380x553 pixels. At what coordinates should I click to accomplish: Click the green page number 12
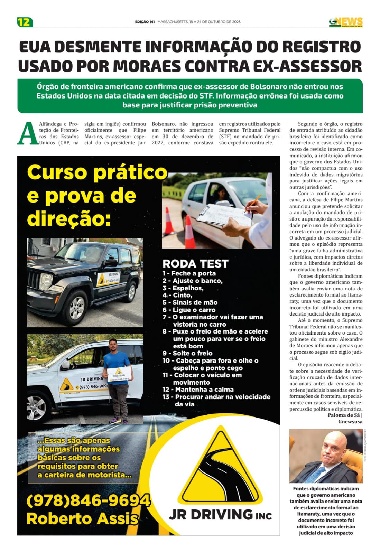25,22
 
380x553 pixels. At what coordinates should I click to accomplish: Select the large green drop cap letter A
27,133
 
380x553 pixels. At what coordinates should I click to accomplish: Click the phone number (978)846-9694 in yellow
88,500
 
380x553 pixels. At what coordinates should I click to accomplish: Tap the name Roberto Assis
82,518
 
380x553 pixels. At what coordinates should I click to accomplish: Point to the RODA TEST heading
195,264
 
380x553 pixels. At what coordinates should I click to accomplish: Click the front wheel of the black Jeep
77,307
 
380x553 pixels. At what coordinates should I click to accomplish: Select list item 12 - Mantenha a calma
198,390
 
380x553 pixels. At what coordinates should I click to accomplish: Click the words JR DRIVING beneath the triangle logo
211,515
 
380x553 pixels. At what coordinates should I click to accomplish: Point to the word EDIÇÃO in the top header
142,22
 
